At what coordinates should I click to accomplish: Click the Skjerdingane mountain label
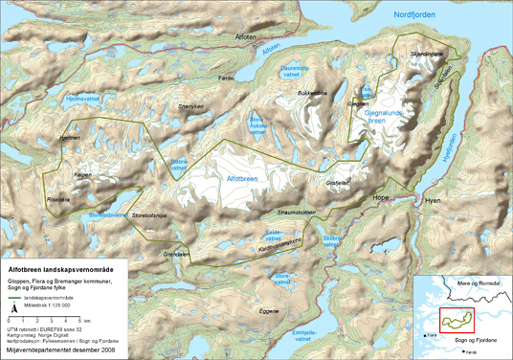[x=427, y=56]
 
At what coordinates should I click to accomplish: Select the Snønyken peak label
[x=191, y=106]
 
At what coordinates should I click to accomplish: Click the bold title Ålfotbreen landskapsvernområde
[x=61, y=270]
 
